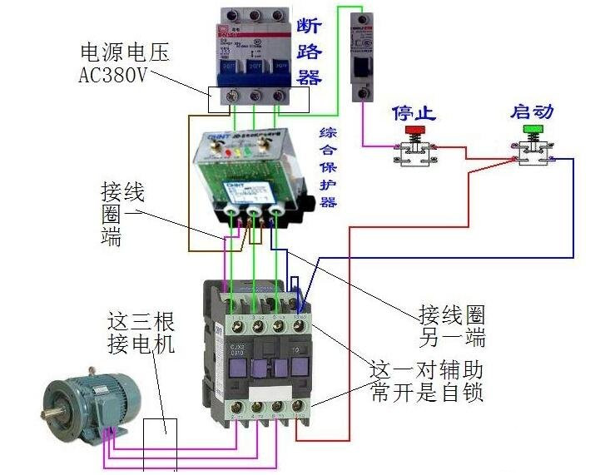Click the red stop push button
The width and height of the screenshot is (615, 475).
[x=414, y=131]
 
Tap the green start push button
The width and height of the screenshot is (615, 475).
[x=532, y=129]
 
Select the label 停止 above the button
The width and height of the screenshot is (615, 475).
[x=414, y=112]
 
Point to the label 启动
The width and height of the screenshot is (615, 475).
[x=532, y=111]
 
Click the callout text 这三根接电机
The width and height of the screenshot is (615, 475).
[x=141, y=333]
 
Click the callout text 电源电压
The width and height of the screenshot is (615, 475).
[x=124, y=52]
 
